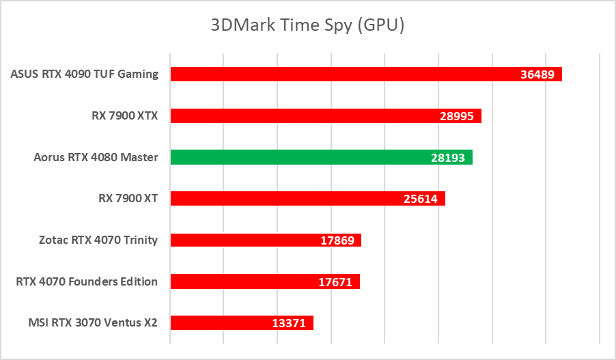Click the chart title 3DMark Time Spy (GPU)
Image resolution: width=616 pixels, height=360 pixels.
click(x=307, y=26)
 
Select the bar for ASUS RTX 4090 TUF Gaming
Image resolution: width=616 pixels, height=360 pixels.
click(x=341, y=74)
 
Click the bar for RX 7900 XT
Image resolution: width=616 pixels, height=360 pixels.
click(x=287, y=199)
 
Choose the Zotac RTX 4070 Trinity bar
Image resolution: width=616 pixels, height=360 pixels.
click(x=246, y=240)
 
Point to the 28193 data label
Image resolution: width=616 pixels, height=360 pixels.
click(x=448, y=158)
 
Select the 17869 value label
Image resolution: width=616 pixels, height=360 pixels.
click(x=337, y=240)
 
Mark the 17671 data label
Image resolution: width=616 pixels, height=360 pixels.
click(x=335, y=282)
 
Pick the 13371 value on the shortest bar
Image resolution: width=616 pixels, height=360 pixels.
click(x=289, y=323)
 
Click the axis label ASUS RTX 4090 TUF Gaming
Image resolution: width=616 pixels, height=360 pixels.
click(x=85, y=74)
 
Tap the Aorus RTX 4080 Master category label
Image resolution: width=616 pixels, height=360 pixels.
click(x=96, y=157)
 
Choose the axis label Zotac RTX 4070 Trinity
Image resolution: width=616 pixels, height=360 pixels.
click(x=98, y=240)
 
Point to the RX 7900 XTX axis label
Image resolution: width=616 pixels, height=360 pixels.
click(x=125, y=116)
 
